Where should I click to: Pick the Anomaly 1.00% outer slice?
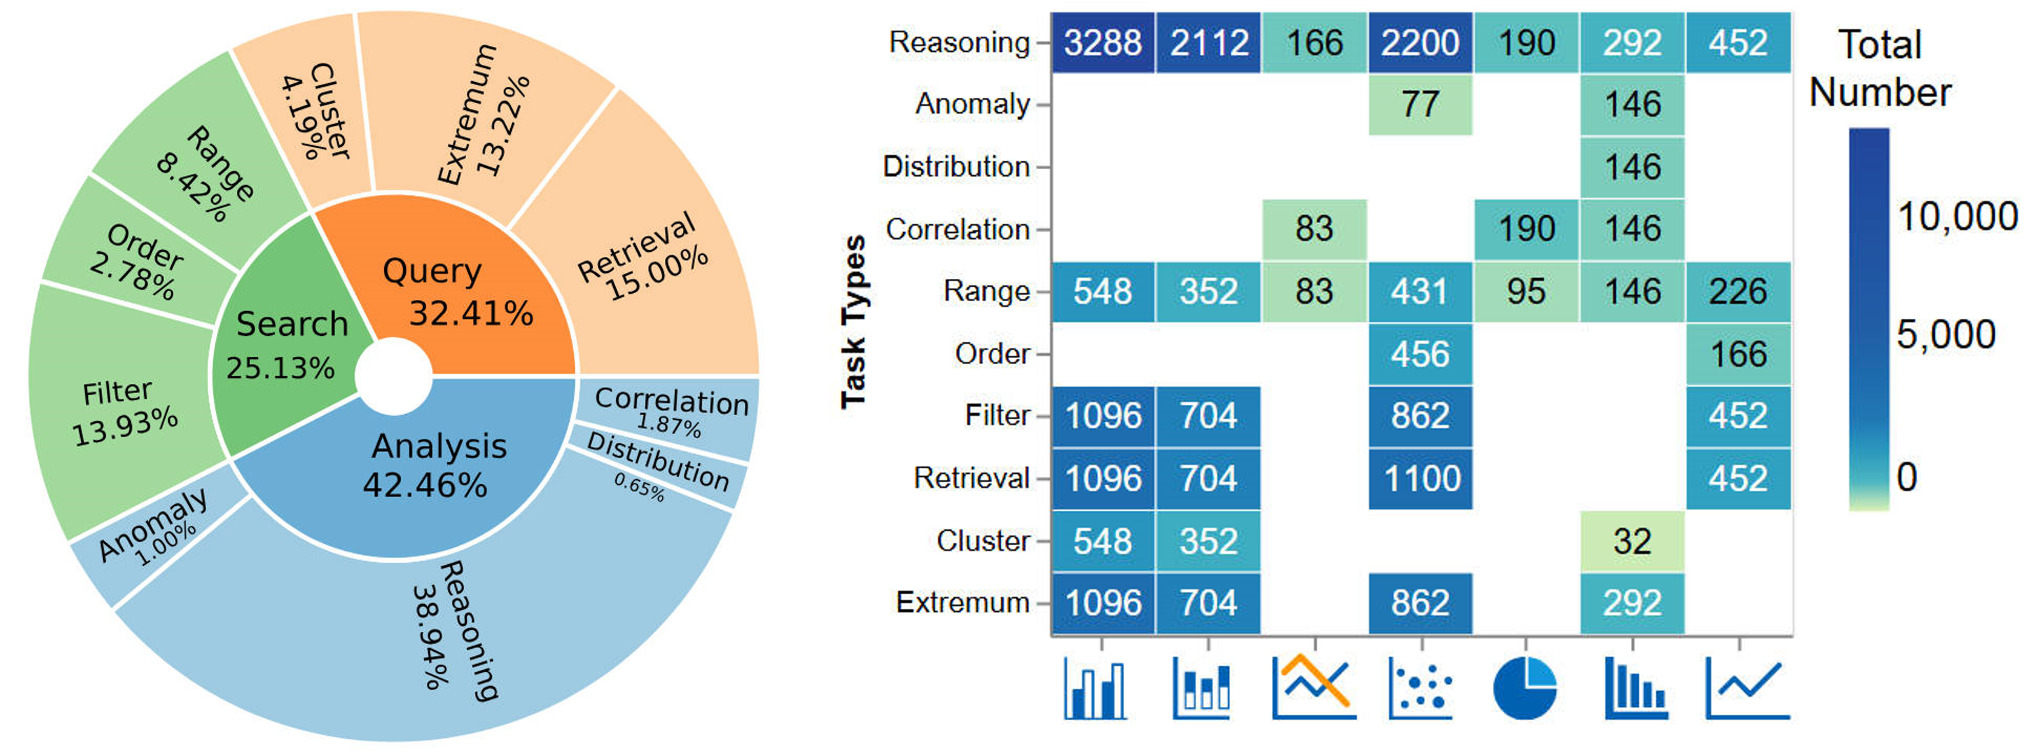[x=154, y=526]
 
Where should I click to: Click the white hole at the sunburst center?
[x=393, y=377]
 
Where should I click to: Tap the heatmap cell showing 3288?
[x=1102, y=43]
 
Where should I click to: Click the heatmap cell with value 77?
[x=1420, y=104]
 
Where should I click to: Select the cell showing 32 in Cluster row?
[x=1632, y=541]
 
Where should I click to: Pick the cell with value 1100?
[x=1420, y=479]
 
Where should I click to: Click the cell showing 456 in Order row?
[x=1420, y=354]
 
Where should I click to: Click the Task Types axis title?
[x=854, y=322]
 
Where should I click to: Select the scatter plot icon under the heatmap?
[x=1420, y=687]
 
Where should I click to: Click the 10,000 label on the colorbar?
[x=1957, y=216]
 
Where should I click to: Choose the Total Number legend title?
[x=1880, y=68]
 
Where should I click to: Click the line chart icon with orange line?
[x=1313, y=686]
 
